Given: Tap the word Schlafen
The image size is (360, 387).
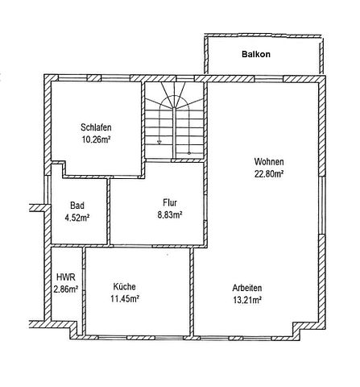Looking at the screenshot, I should (x=96, y=127).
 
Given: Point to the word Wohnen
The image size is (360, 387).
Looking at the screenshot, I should (x=269, y=160).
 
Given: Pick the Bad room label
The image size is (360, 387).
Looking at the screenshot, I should (x=77, y=206).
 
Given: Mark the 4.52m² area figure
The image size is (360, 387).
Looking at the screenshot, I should (x=77, y=217).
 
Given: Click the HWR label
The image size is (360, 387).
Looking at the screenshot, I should (x=64, y=277).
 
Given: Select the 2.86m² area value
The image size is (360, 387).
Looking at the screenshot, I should (x=65, y=289).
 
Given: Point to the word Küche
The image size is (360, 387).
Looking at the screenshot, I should (x=124, y=286).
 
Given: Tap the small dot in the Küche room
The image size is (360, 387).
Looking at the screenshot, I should (x=167, y=254).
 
